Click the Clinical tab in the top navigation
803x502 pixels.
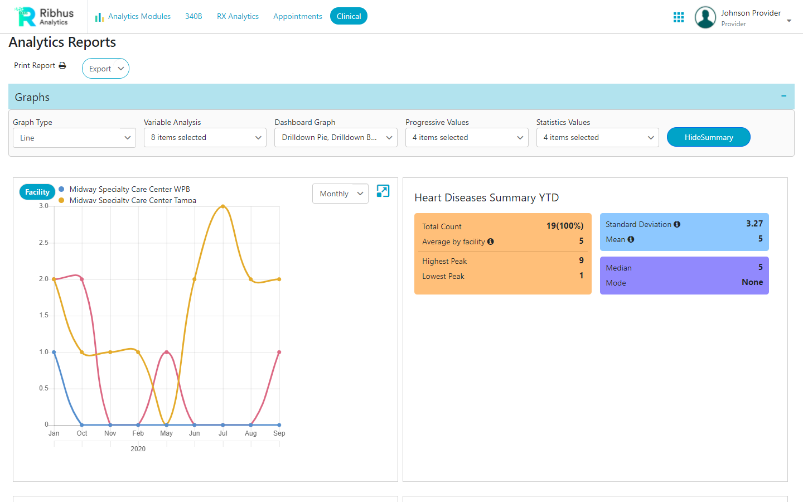pos(349,16)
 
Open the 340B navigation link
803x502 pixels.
pos(194,16)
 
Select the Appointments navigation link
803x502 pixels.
pos(297,16)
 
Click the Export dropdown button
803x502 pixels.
pos(105,69)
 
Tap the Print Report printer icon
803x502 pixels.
pos(62,65)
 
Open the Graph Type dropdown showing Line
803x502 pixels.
pos(74,138)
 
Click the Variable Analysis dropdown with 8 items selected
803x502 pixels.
pos(205,138)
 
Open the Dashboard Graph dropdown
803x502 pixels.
pos(336,138)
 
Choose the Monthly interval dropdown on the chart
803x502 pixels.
pos(340,194)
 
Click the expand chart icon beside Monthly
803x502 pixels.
pos(383,191)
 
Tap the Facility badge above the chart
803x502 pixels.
pos(37,192)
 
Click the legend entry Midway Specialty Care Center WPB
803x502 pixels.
pos(129,189)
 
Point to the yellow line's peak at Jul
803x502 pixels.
pos(223,206)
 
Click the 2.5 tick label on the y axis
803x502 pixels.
pos(43,243)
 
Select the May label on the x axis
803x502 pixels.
pos(166,433)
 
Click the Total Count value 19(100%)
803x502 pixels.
pos(564,226)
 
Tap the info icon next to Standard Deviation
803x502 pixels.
pos(677,224)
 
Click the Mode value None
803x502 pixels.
pos(752,282)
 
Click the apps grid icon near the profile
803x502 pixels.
pos(679,17)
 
